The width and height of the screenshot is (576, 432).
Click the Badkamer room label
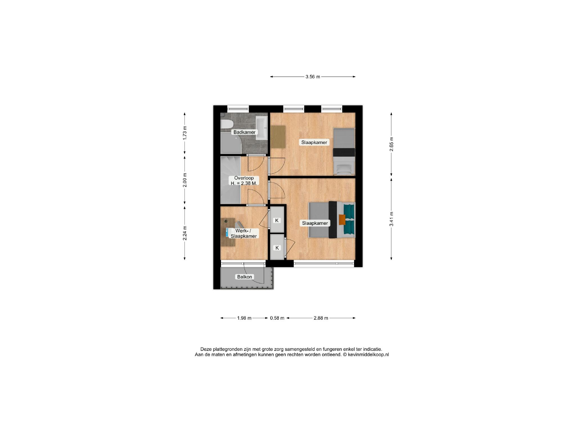pos(244,132)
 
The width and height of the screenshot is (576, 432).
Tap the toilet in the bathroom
pos(226,124)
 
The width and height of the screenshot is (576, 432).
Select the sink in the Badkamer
pos(262,129)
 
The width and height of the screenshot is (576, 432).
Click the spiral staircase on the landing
pos(231,180)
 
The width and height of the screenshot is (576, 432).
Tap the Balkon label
pos(244,277)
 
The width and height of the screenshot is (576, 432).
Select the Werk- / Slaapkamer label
pos(244,233)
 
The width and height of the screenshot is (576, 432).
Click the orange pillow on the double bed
pos(342,220)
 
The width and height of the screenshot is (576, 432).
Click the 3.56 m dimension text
pos(313,76)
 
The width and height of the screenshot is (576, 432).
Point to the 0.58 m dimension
pos(277,318)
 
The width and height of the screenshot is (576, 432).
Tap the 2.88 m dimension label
pos(321,318)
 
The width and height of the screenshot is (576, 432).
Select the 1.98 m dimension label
pos(244,318)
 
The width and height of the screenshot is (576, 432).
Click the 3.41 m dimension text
pos(391,219)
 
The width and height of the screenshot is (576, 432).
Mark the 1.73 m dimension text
pos(185,133)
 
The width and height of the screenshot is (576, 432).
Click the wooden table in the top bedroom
pos(278,137)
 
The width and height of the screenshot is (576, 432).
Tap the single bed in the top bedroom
pos(344,152)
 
